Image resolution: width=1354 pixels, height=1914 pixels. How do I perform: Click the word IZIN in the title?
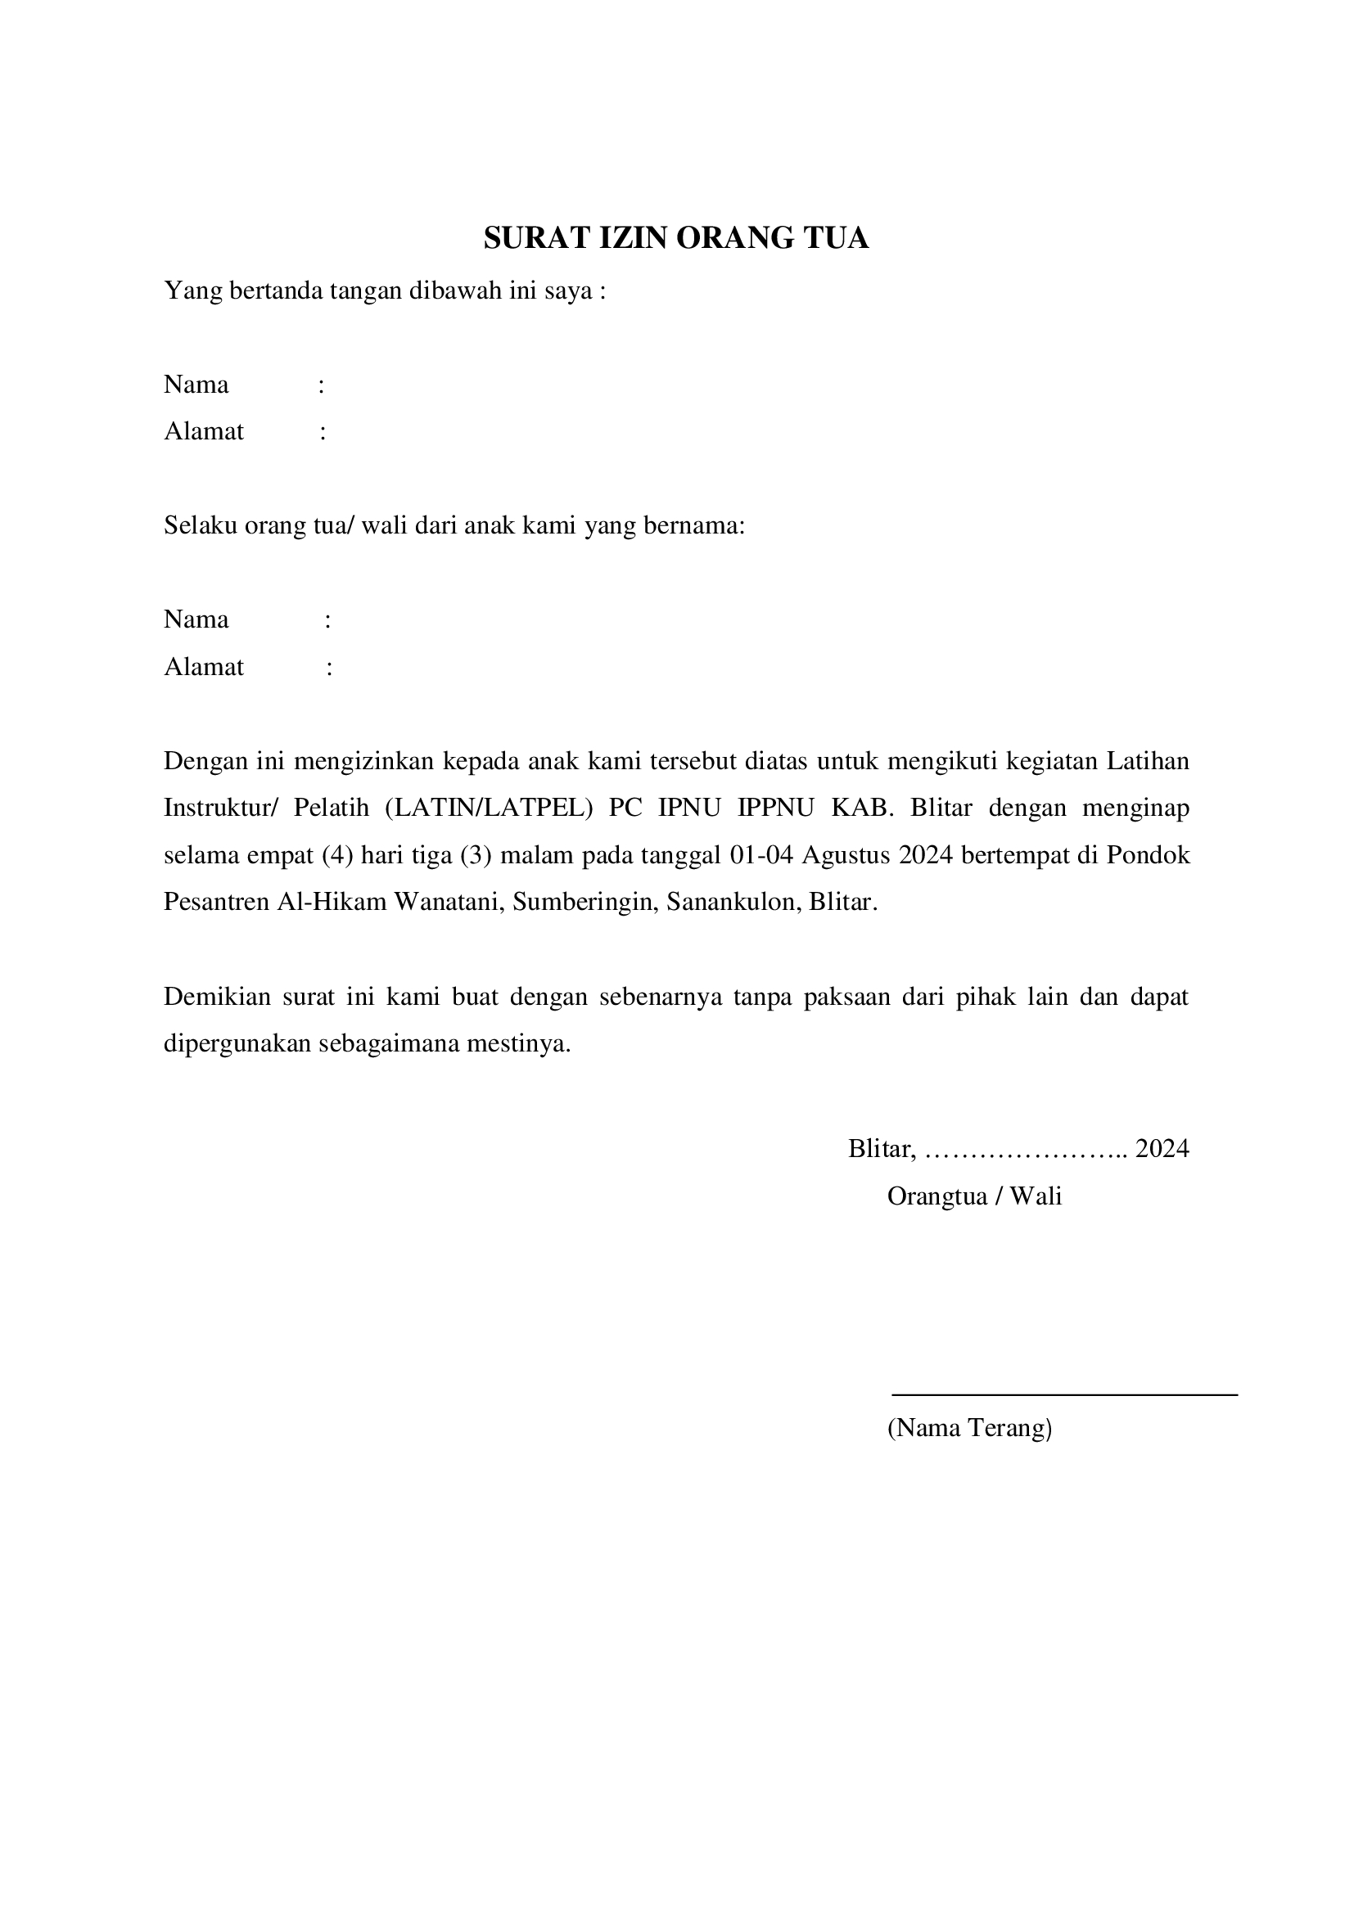(634, 238)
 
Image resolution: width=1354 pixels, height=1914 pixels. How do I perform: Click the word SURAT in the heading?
(538, 238)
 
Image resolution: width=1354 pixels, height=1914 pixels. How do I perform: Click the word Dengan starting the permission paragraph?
(205, 761)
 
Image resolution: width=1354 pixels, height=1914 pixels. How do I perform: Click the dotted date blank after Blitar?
(1026, 1150)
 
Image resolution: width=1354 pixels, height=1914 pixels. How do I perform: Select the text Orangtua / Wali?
(974, 1196)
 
